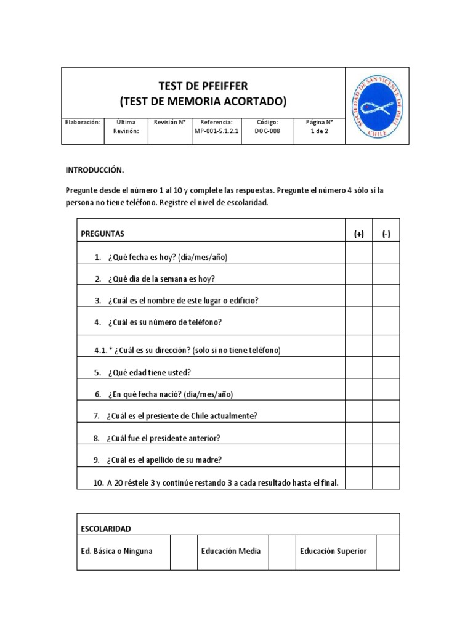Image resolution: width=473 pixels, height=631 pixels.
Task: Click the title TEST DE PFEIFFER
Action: (203, 86)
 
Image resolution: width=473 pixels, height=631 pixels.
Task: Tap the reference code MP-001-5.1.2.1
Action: (216, 131)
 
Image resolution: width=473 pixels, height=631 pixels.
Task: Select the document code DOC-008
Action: (267, 131)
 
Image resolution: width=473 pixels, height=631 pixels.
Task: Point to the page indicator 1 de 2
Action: (320, 131)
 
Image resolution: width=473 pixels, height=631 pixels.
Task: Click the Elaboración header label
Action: (83, 122)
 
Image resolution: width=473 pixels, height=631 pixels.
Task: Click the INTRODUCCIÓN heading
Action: (95, 170)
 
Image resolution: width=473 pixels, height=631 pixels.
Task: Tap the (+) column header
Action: (358, 234)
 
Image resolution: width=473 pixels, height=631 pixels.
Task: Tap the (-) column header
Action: (386, 234)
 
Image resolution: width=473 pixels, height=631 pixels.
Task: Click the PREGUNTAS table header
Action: (103, 234)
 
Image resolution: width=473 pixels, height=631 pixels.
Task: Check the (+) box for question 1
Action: (358, 256)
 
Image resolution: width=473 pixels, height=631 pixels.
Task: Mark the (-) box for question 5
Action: (386, 372)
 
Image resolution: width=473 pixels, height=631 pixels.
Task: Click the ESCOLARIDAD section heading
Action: (106, 529)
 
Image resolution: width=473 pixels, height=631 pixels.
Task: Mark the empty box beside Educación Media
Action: (283, 552)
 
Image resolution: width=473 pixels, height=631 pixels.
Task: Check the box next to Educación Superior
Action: (387, 552)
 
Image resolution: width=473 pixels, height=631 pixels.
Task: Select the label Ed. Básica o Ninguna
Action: (116, 551)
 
